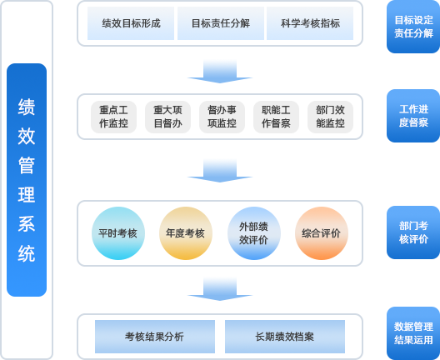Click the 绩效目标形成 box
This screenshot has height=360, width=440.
pos(131,23)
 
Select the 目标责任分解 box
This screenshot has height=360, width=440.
pos(221,23)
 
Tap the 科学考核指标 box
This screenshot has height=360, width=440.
pos(310,23)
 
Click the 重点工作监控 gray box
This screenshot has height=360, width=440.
pos(113,117)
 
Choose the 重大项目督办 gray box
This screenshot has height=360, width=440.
pos(167,117)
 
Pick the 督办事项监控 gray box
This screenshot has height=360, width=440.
pos(222,117)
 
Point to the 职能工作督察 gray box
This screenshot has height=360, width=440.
pos(276,117)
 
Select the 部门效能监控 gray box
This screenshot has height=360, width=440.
pos(330,117)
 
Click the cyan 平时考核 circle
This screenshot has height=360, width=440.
pos(118,233)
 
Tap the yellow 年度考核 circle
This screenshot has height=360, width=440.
pos(186,233)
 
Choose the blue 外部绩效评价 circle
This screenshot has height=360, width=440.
pos(254,233)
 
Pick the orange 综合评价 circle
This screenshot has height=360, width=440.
pos(322,233)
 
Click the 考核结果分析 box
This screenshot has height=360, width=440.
pos(155,337)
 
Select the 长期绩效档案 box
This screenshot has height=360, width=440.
pos(285,337)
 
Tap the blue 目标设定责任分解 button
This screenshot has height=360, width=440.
pos(413,27)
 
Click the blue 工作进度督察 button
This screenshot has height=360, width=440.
pos(413,116)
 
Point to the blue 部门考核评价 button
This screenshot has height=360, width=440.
pos(413,232)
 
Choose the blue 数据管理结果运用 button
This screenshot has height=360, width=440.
pos(413,333)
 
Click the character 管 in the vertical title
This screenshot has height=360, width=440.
pos(27,165)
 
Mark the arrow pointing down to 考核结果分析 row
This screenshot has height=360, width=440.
pos(220,289)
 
